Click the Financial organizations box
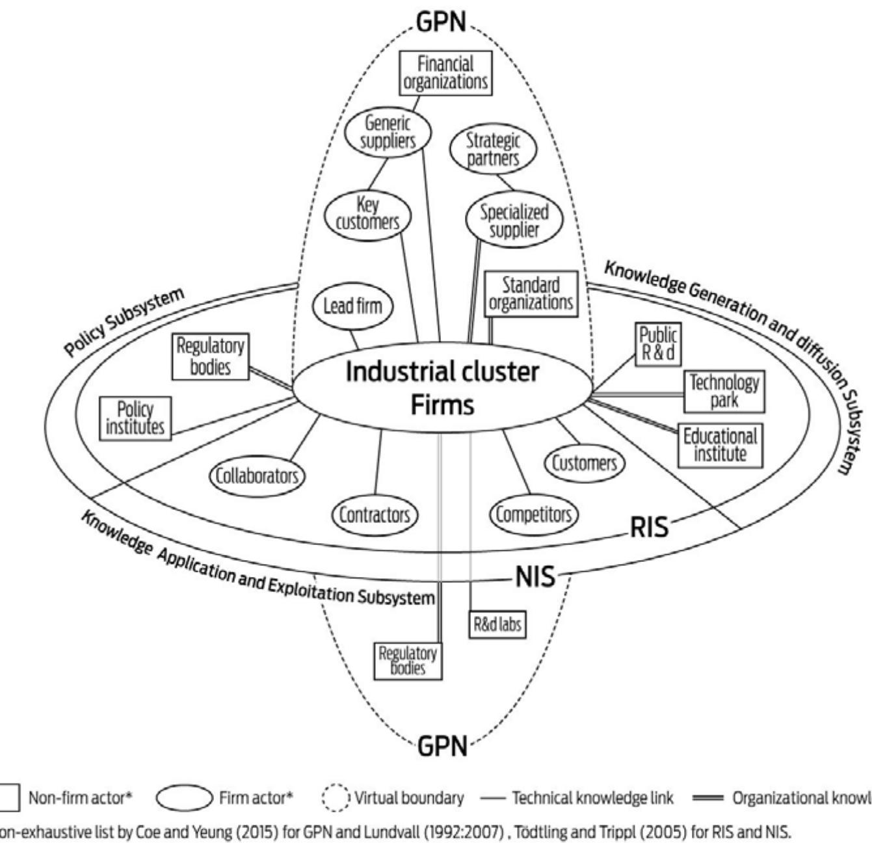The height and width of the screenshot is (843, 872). pos(445,73)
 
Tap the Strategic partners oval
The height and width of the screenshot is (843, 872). pos(493,149)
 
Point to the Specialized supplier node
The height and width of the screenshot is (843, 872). pos(514,221)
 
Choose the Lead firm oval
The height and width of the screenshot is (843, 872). pos(353,306)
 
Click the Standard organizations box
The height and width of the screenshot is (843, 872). pos(531,294)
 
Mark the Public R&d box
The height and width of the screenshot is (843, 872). pos(657,343)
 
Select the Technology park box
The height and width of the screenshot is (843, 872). pos(724,391)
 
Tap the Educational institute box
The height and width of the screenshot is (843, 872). pos(720,445)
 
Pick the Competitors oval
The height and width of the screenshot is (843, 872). pos(534,515)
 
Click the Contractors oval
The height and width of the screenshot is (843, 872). pos(375,515)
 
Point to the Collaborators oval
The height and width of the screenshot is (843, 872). pos(256,475)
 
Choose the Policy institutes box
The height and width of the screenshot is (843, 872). pos(135,418)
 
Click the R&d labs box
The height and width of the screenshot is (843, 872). pos(497,624)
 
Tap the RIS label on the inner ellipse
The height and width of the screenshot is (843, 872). pos(648,527)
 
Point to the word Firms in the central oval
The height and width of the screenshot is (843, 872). pos(442,405)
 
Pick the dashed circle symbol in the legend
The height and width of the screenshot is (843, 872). pos(336,798)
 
